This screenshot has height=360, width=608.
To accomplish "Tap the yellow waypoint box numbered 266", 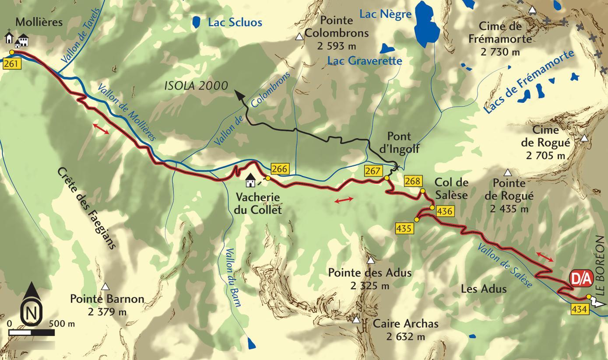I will (x=279, y=169).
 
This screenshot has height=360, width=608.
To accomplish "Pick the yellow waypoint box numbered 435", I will (x=404, y=228).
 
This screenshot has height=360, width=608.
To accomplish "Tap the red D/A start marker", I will (x=581, y=278).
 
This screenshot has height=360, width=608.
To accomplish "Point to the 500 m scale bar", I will (x=32, y=332).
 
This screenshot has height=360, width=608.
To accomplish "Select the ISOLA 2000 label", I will (x=196, y=85).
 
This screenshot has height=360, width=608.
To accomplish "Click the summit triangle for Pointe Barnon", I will (x=105, y=287).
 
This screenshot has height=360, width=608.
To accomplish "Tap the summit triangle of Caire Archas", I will (x=356, y=320).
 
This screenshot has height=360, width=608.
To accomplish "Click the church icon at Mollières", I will (x=9, y=37).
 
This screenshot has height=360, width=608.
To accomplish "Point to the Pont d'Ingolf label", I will (x=399, y=142).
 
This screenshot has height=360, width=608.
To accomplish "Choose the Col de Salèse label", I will (x=451, y=189).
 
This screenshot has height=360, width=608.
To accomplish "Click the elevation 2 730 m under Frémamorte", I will (x=500, y=52).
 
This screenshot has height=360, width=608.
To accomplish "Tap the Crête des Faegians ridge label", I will (x=87, y=208).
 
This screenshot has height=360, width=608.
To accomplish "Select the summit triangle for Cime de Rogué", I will (x=584, y=139).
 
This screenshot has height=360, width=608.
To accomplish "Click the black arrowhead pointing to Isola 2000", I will (x=239, y=95).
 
